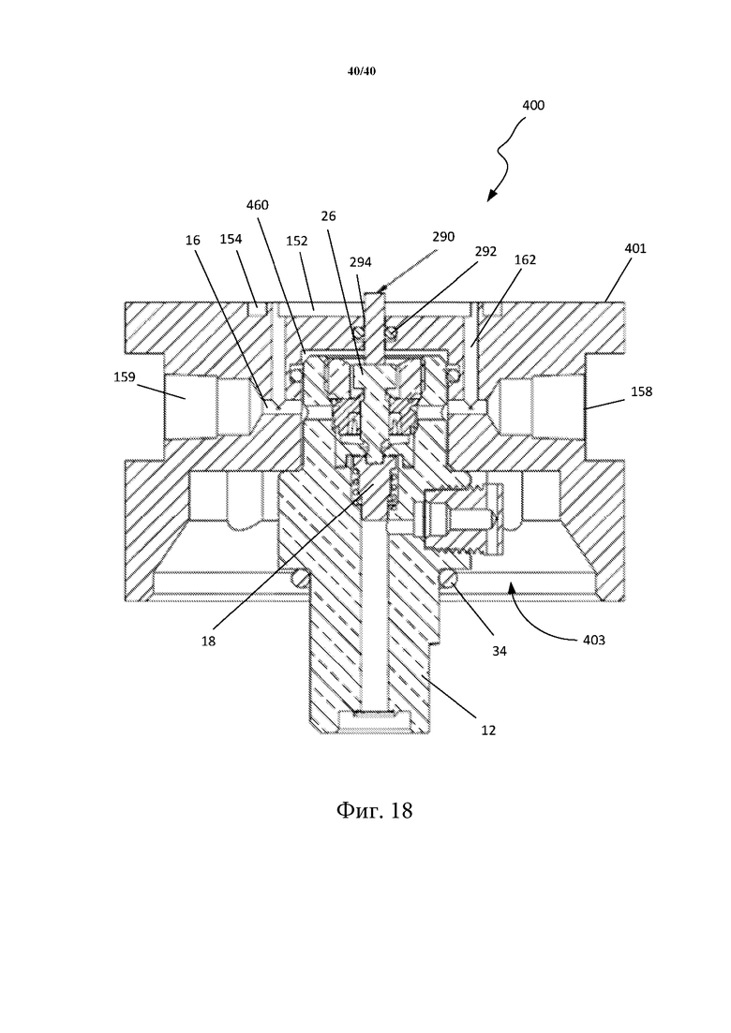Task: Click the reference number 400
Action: click(x=533, y=105)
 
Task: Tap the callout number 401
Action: click(x=634, y=248)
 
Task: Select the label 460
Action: click(x=257, y=205)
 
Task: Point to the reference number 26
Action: click(x=328, y=215)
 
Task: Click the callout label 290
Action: click(x=443, y=237)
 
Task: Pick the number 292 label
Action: click(x=485, y=251)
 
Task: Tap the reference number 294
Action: click(x=361, y=262)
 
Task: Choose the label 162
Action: click(x=526, y=259)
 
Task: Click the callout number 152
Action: click(x=297, y=241)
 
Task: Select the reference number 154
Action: click(x=231, y=239)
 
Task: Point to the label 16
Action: click(x=192, y=241)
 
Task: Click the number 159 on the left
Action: click(x=124, y=376)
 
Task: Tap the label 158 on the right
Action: click(x=641, y=391)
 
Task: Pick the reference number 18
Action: click(x=208, y=641)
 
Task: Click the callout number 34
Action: click(x=500, y=651)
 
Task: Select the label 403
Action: click(x=593, y=640)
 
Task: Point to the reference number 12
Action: click(x=487, y=730)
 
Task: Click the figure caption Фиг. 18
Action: click(x=374, y=810)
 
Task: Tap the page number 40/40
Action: click(x=361, y=71)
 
